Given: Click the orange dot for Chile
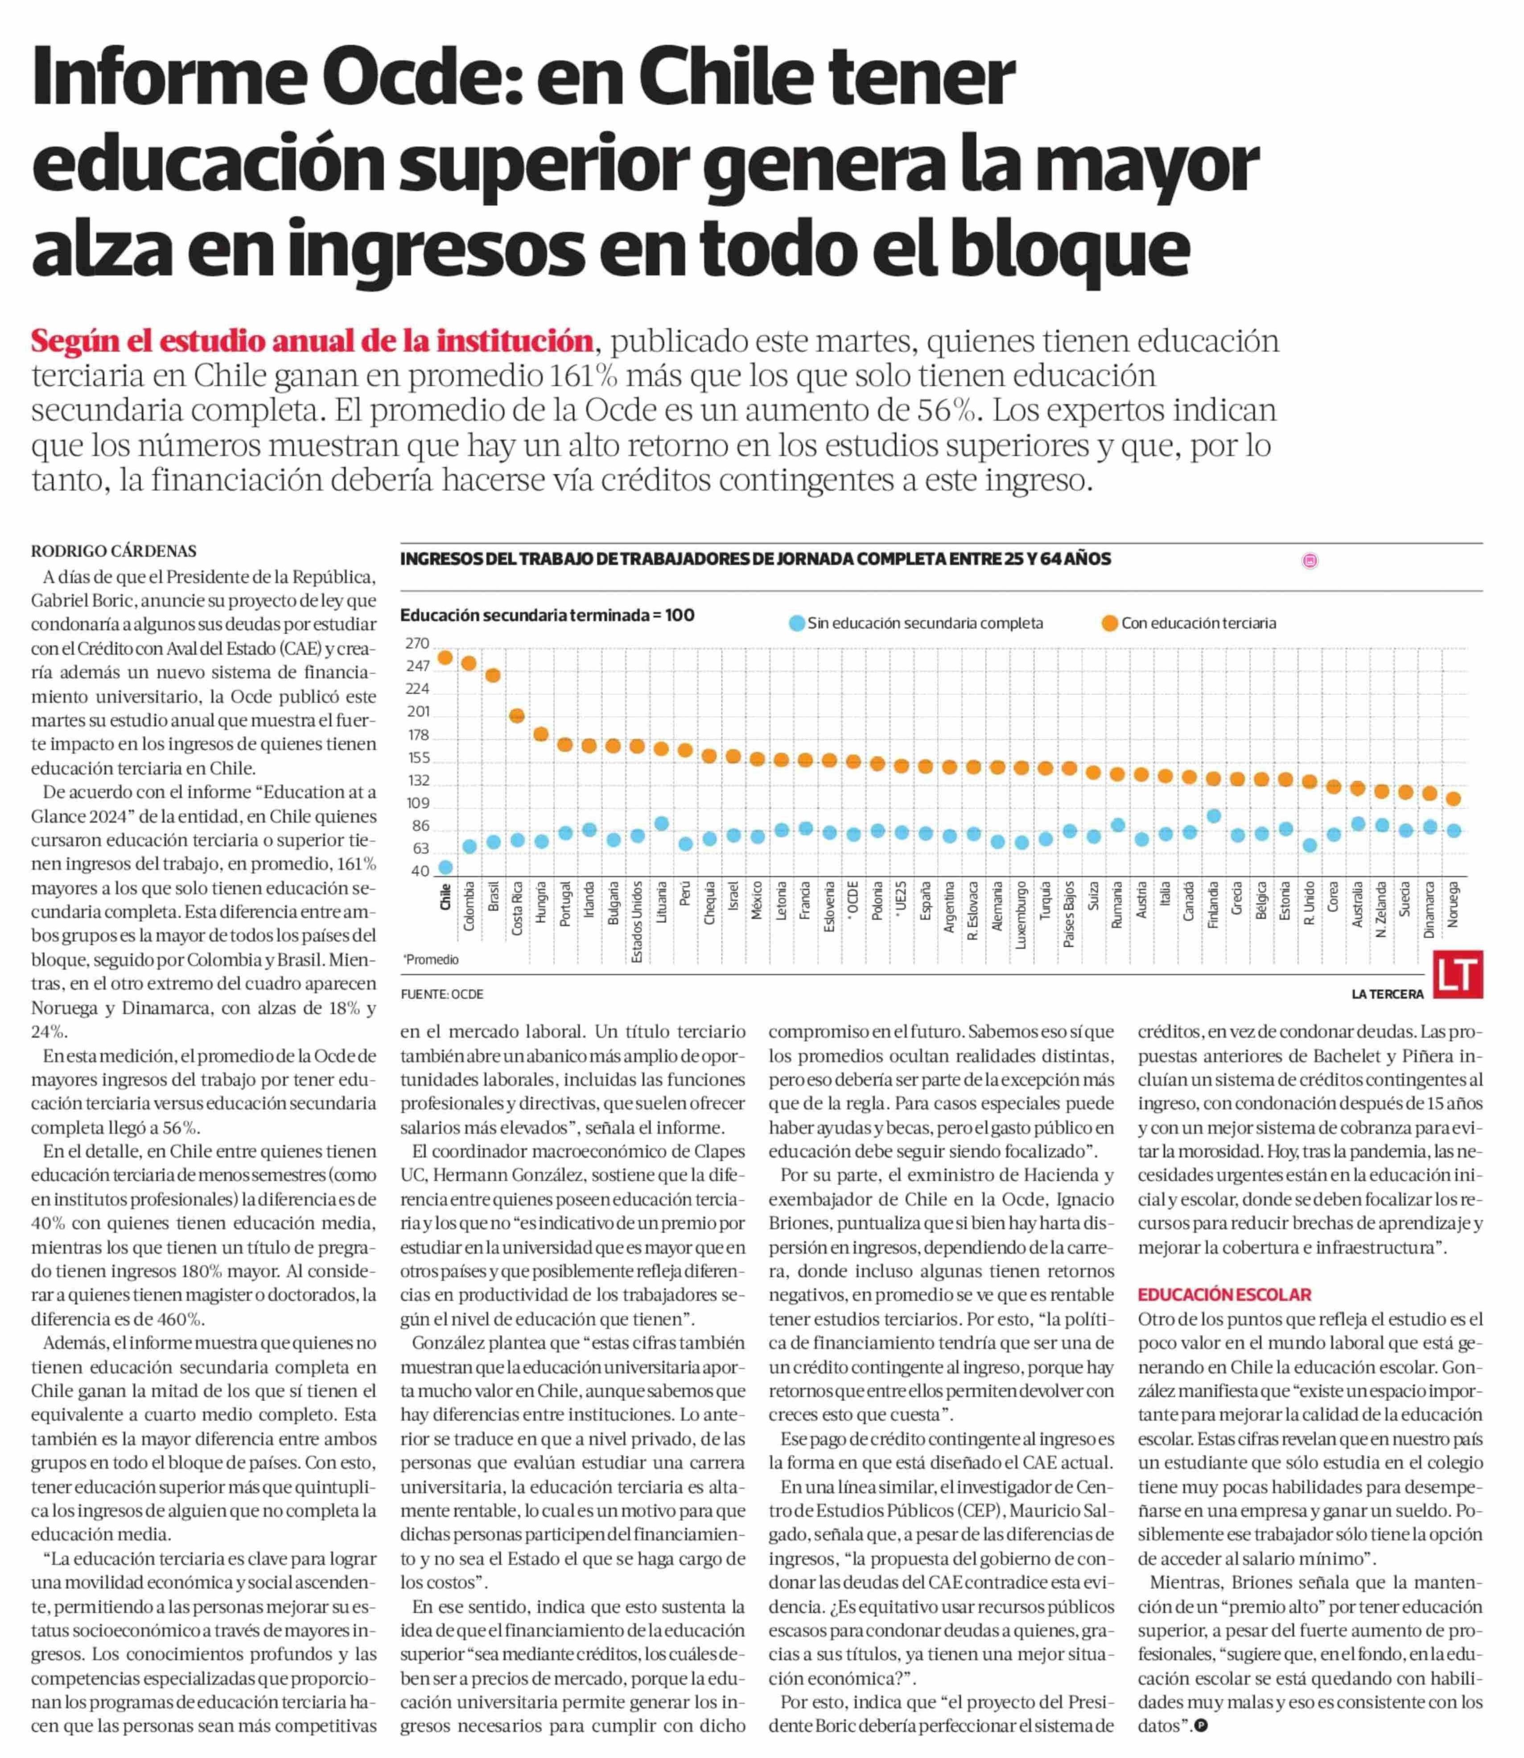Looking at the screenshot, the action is point(445,657).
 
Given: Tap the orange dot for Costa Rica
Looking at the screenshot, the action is point(516,716).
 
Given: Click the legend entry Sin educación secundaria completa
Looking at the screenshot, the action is point(916,623).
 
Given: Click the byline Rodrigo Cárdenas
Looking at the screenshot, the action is point(114,551).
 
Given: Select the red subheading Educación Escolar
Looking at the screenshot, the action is point(1225,1296).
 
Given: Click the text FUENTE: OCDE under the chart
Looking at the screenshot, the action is point(442,994).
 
